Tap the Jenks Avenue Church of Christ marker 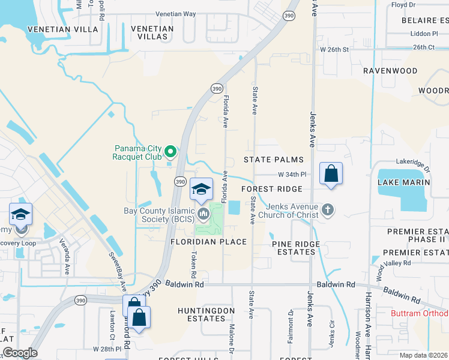(x=327, y=210)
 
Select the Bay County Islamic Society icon (x=204, y=213)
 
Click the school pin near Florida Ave (x=201, y=190)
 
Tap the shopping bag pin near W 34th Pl (x=331, y=174)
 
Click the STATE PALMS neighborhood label (x=273, y=160)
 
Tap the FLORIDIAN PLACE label (x=208, y=242)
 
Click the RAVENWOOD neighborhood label (x=390, y=71)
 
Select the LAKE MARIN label (x=403, y=182)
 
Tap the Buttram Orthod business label (x=419, y=314)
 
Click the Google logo (x=19, y=353)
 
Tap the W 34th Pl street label (x=292, y=175)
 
